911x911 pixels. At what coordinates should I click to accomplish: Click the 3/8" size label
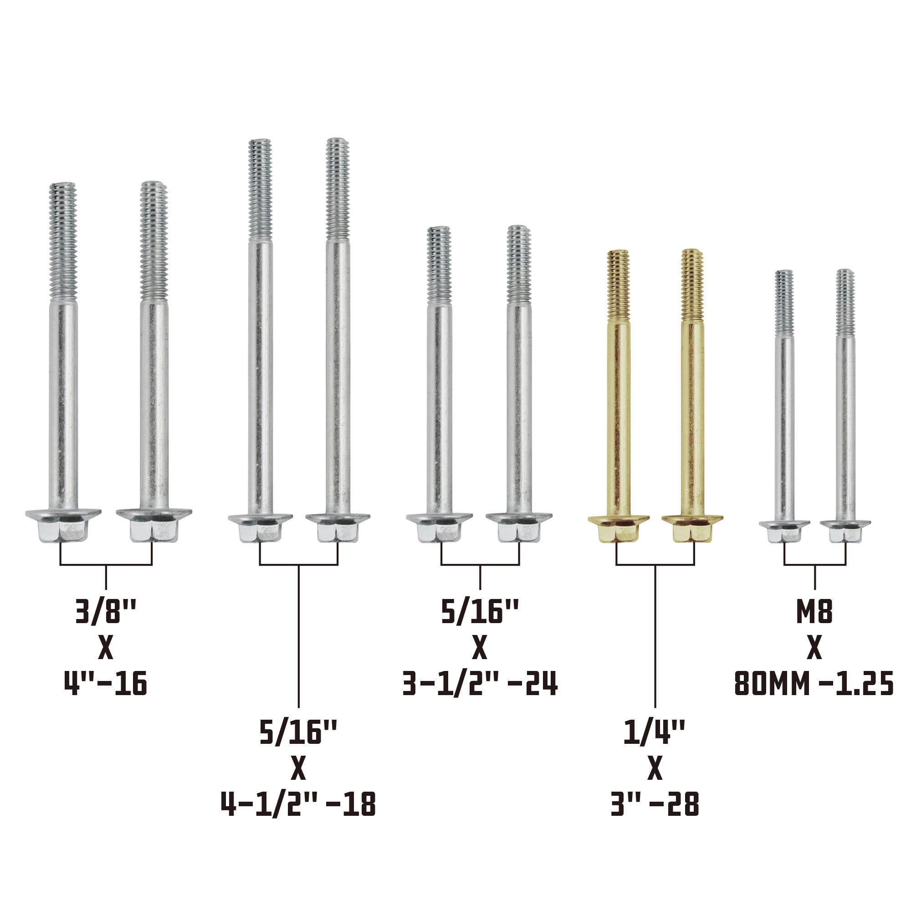pyautogui.click(x=106, y=612)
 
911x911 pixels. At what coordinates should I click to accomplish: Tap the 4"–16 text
pyautogui.click(x=106, y=683)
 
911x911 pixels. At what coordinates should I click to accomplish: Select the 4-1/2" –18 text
pyautogui.click(x=298, y=804)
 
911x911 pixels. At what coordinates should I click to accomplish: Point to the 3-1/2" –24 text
pyautogui.click(x=480, y=683)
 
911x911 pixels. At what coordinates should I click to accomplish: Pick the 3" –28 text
pyautogui.click(x=655, y=804)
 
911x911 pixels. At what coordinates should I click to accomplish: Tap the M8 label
pyautogui.click(x=814, y=612)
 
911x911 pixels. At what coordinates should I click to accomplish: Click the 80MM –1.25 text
pyautogui.click(x=814, y=683)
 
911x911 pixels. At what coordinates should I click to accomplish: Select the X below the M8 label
pyautogui.click(x=814, y=647)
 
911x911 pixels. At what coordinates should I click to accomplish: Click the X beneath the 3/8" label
pyautogui.click(x=106, y=647)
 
